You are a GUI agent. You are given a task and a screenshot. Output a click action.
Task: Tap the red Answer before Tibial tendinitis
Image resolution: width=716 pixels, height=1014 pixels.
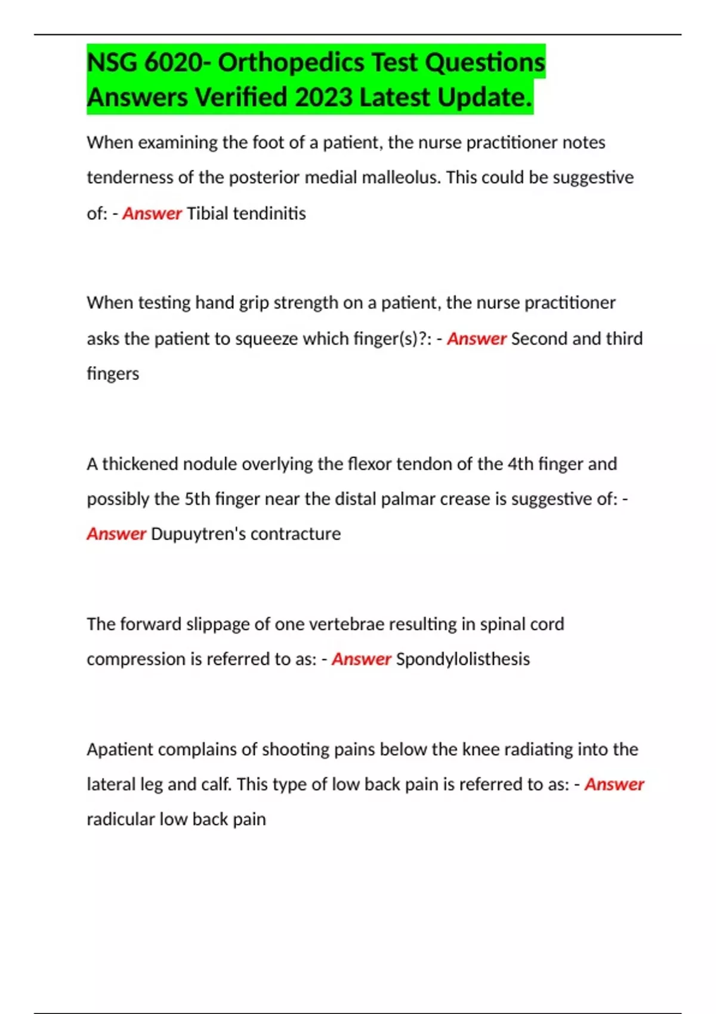(x=152, y=214)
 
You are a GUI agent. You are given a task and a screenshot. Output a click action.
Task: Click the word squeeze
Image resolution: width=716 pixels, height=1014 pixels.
(x=267, y=339)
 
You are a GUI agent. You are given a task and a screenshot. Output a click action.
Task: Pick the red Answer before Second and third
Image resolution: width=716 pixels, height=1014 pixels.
(x=477, y=339)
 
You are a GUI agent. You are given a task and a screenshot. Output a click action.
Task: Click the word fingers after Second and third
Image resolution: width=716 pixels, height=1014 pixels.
(x=113, y=374)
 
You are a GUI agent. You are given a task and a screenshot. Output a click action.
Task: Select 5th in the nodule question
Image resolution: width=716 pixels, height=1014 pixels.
(x=197, y=499)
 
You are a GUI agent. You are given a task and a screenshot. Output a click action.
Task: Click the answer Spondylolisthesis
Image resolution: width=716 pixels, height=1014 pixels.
(x=463, y=659)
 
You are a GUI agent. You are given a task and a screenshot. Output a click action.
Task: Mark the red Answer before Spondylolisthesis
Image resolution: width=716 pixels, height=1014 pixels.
(x=362, y=659)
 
